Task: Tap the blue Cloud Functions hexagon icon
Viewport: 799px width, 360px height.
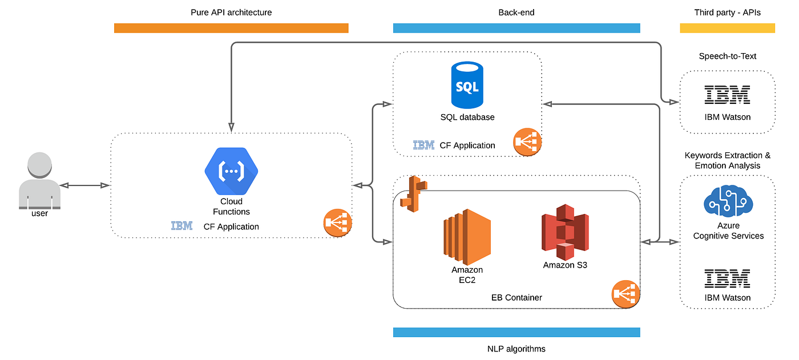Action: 231,171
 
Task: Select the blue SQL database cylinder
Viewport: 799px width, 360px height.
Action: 467,85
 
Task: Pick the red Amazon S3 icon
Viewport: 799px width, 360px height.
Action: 564,233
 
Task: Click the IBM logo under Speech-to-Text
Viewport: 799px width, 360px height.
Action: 727,95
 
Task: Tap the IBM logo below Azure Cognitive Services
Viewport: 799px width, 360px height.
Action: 727,279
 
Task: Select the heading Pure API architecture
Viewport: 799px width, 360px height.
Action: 231,12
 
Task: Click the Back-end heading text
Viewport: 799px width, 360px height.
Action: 516,12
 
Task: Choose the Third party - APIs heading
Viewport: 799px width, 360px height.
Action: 727,12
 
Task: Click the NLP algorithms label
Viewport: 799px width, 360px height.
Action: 516,349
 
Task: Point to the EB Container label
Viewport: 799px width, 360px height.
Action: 516,297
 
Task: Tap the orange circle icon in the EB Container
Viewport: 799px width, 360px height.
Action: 626,294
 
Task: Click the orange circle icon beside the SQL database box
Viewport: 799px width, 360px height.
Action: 527,142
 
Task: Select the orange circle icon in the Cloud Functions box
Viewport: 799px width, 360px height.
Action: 337,223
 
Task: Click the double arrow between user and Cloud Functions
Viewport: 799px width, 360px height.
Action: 85,185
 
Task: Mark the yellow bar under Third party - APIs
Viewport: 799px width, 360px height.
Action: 727,28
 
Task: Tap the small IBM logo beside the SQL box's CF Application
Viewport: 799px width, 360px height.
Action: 423,145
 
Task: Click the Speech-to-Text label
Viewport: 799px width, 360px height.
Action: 727,56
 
